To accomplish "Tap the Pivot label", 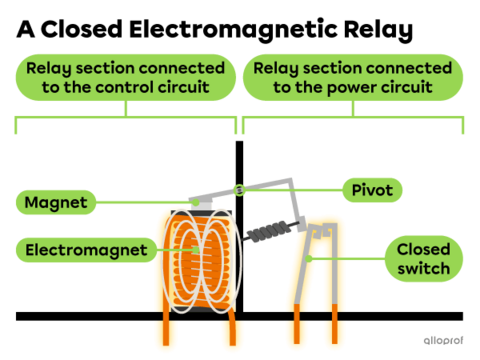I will (372, 190).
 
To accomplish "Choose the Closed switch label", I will (423, 258).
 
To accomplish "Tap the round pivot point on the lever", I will (238, 190).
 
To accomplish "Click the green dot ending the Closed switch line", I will (318, 258).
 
